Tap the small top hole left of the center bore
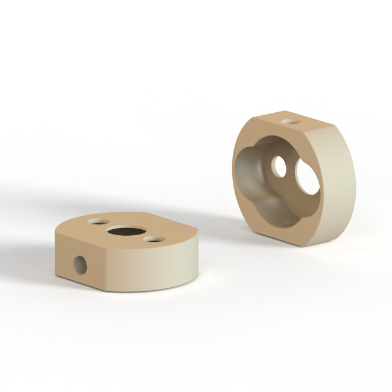[x=96, y=221]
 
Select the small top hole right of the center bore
[x=154, y=240]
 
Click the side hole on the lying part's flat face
[x=80, y=264]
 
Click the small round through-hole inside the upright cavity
[x=279, y=167]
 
